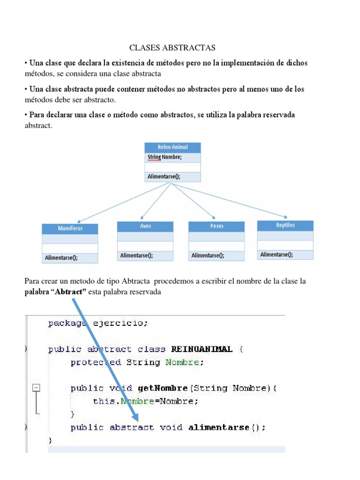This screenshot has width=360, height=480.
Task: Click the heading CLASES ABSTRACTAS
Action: [x=172, y=48]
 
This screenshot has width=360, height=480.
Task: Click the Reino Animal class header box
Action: [x=172, y=147]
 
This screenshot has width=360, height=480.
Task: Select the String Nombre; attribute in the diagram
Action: [x=165, y=157]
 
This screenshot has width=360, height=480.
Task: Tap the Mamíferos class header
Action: [x=70, y=229]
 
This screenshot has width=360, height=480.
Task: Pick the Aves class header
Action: [x=145, y=226]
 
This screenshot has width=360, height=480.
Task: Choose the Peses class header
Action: [x=217, y=226]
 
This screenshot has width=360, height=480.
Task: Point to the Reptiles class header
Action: [x=285, y=225]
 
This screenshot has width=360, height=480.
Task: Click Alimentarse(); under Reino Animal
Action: [x=164, y=177]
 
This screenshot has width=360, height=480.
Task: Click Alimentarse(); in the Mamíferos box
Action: [x=61, y=258]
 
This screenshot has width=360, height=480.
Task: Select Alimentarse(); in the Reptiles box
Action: [x=277, y=255]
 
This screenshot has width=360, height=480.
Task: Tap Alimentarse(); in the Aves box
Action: [x=136, y=255]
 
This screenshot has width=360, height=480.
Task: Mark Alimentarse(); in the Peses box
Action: [x=208, y=255]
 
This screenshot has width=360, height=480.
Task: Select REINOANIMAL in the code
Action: [x=202, y=349]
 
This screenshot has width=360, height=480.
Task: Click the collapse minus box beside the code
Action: [x=36, y=388]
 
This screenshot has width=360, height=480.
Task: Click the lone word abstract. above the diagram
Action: [x=38, y=126]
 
